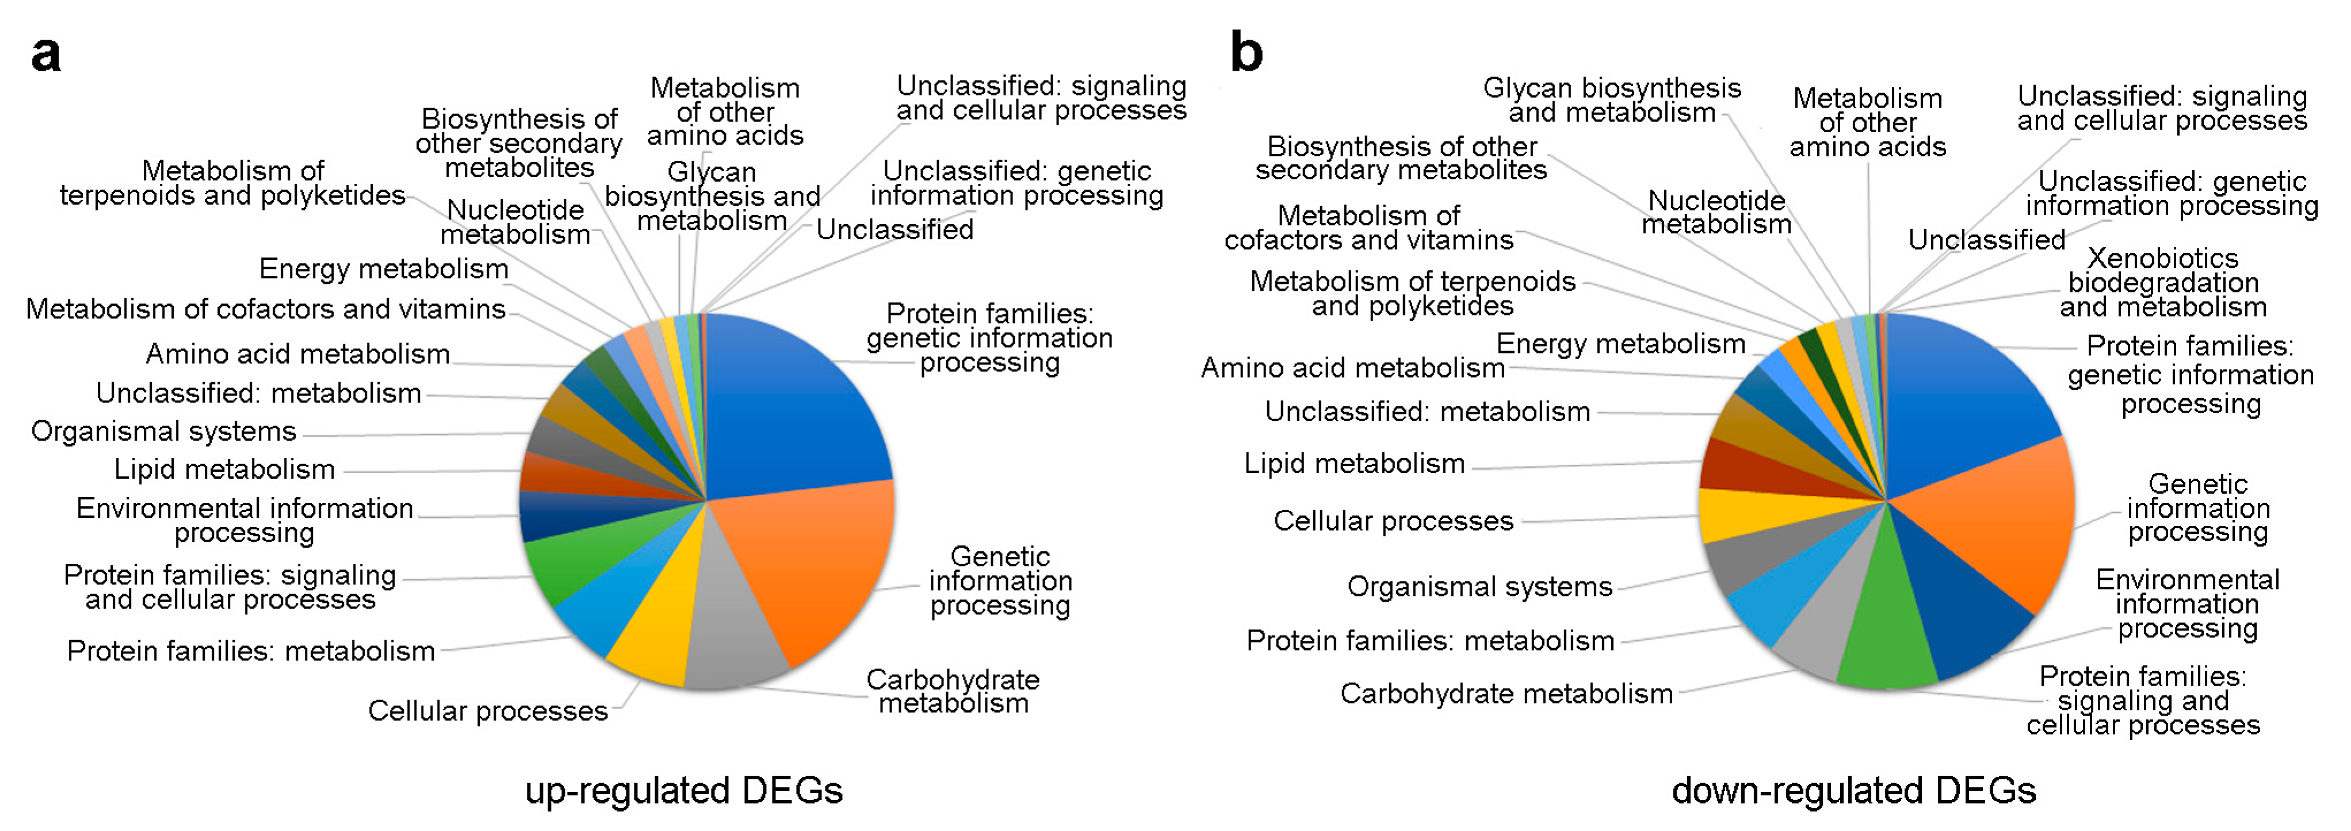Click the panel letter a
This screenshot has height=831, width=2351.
(45, 55)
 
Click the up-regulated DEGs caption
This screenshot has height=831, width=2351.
(683, 790)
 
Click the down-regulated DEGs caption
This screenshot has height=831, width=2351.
(1853, 790)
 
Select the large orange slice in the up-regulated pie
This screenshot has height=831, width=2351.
(812, 565)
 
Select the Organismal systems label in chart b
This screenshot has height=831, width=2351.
(1480, 587)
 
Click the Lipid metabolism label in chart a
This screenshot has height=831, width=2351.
(224, 469)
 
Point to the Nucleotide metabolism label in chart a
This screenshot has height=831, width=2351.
(515, 222)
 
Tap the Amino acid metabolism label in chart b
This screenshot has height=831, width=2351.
(1352, 368)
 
